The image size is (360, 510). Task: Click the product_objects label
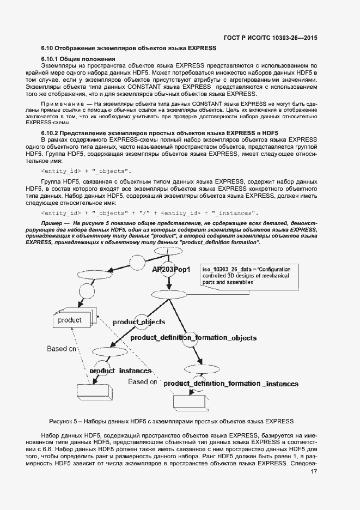tap(138, 322)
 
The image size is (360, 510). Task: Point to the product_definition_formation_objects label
tap(193, 338)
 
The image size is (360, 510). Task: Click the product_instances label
tap(120, 371)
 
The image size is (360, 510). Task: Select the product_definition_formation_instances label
tap(230, 384)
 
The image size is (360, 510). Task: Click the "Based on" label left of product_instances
tap(60, 348)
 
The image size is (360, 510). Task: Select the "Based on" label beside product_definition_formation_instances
tap(143, 382)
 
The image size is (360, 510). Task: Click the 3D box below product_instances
tap(94, 391)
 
